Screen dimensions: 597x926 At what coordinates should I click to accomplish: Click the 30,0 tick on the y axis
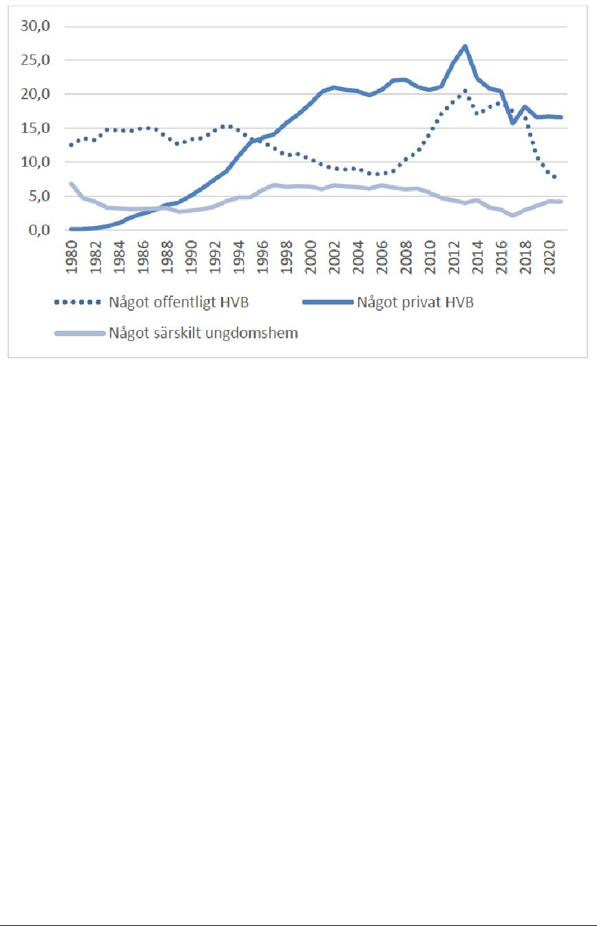click(35, 26)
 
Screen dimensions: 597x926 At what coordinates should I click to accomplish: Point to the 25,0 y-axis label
click(35, 60)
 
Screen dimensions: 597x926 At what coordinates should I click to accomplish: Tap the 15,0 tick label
click(35, 128)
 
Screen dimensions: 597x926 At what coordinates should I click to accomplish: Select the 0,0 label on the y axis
click(39, 230)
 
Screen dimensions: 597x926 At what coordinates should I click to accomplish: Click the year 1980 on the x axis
click(72, 257)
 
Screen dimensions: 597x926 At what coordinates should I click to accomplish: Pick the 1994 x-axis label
click(239, 257)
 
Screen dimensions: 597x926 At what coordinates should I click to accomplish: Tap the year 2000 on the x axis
click(311, 257)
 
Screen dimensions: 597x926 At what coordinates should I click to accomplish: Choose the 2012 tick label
click(454, 257)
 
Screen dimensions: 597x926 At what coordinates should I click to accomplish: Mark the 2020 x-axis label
click(549, 257)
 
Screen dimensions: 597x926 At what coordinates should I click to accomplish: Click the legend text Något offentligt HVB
click(178, 302)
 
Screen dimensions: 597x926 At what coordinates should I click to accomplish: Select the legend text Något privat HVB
click(415, 302)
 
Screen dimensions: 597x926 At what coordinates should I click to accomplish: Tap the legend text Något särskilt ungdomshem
click(203, 333)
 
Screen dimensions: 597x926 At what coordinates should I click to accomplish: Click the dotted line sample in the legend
click(78, 302)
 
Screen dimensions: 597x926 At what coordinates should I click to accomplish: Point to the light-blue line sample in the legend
click(80, 333)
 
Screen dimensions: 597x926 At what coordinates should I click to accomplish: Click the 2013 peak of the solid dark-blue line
click(465, 46)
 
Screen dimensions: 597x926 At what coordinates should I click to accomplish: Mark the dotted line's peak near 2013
click(465, 90)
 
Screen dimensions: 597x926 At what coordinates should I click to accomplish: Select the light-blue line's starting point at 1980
click(72, 183)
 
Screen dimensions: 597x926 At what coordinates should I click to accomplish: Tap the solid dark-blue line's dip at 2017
click(513, 123)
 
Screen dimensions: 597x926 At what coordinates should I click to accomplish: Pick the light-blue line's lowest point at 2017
click(513, 216)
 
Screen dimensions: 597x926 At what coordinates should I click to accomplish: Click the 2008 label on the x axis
click(406, 257)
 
